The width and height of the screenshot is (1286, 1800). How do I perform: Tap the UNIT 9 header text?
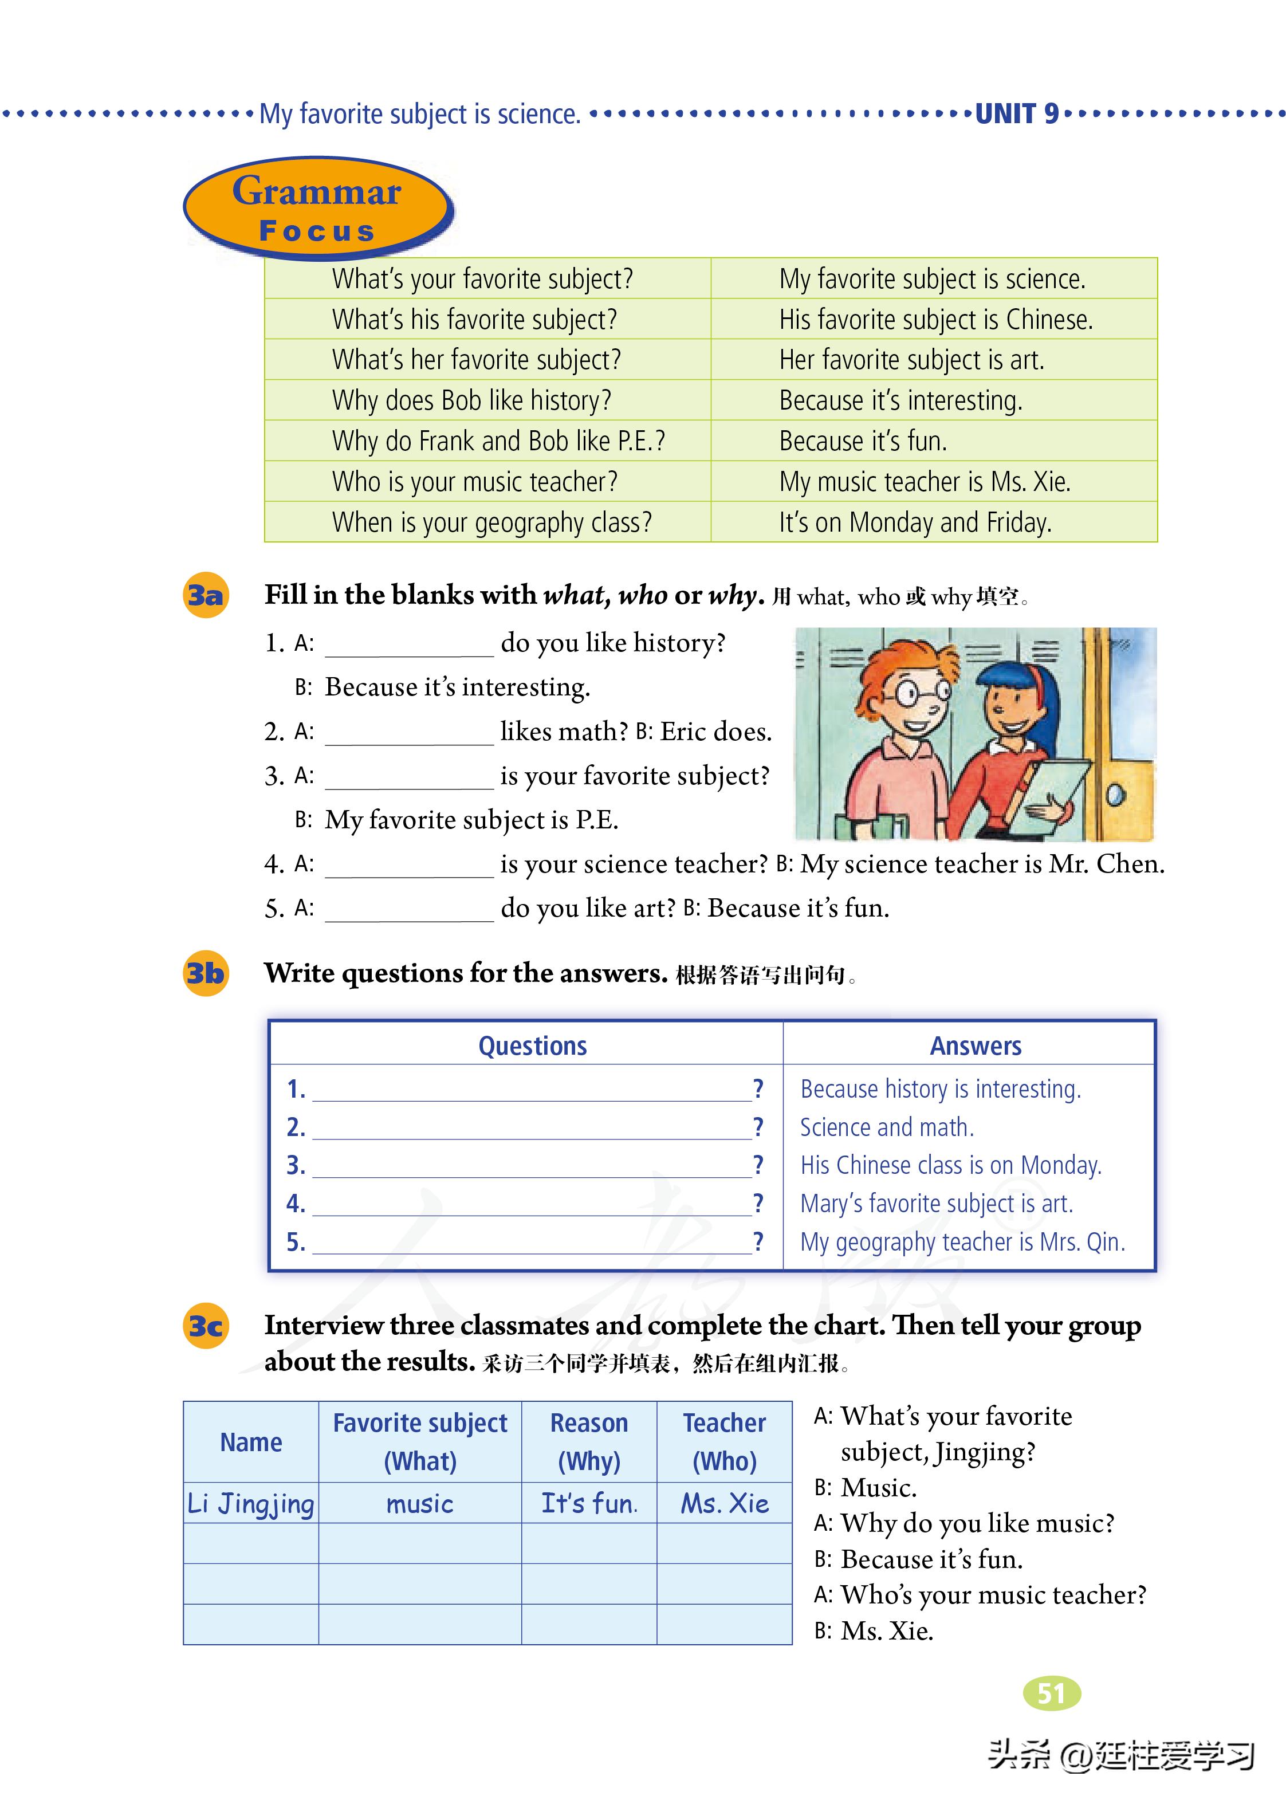tap(1016, 114)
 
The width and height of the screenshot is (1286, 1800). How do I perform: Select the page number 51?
tap(1052, 1693)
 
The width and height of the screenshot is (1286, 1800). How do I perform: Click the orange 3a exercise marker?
tap(206, 595)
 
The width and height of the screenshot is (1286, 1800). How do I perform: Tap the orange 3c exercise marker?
tap(206, 1326)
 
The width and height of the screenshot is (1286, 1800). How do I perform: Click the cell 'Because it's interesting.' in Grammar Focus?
tap(900, 400)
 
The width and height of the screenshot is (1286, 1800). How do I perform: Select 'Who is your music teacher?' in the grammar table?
tap(474, 481)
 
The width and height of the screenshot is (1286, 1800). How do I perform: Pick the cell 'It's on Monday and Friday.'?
tap(915, 522)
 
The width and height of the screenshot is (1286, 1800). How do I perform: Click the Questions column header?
tap(532, 1046)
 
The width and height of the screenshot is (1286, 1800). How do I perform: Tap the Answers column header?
tap(975, 1046)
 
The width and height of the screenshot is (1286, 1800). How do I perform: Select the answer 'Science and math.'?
tap(886, 1127)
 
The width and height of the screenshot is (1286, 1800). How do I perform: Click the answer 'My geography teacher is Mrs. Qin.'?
tap(962, 1241)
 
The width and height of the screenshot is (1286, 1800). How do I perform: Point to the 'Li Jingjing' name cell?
tap(251, 1503)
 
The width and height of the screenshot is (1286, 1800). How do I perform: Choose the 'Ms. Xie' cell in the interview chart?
tap(725, 1503)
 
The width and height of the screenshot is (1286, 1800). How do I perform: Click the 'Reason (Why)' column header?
tap(589, 1442)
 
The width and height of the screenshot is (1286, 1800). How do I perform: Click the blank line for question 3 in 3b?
tap(532, 1166)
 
